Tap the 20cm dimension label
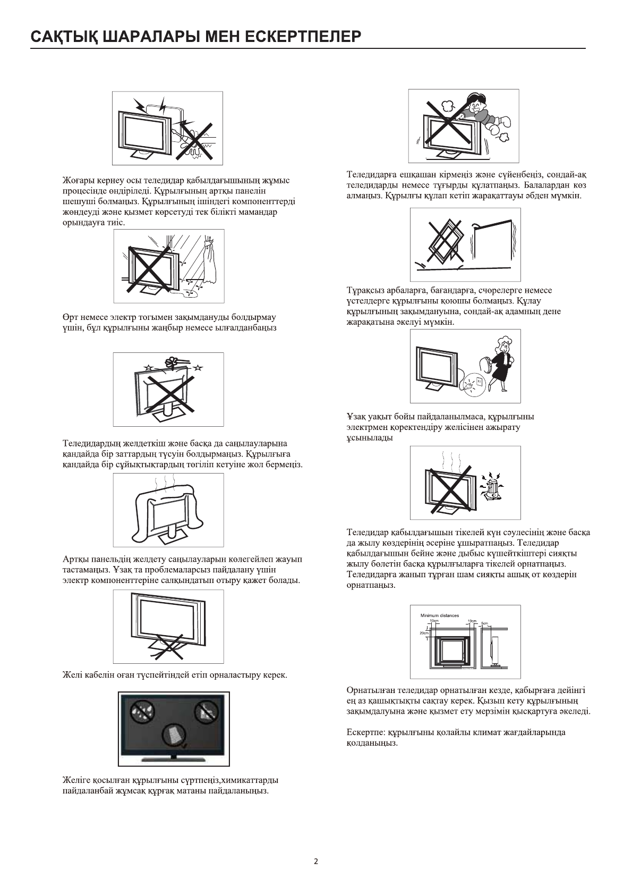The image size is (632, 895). (x=423, y=633)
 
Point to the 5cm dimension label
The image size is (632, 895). (x=484, y=622)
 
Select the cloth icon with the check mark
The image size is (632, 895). (x=174, y=736)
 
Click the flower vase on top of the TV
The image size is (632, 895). (x=172, y=364)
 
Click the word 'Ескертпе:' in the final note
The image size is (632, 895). (x=363, y=732)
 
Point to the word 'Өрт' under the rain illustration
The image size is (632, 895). (x=70, y=317)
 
